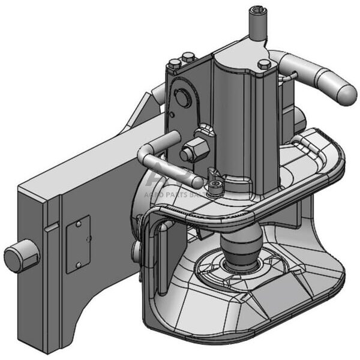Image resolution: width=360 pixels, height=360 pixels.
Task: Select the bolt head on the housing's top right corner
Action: tap(264, 64)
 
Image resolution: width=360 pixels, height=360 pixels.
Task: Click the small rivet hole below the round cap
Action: tap(172, 114)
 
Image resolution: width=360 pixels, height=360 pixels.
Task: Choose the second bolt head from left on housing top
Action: tap(188, 58)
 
